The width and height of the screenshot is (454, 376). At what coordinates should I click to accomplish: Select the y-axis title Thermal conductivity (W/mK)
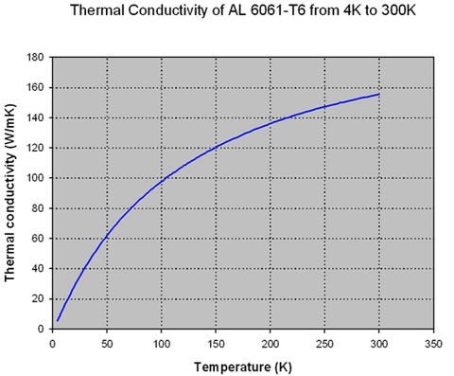tap(12, 193)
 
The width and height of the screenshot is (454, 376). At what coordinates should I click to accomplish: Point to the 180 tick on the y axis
tap(36, 57)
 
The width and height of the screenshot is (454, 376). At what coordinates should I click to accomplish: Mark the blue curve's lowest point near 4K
tap(57, 320)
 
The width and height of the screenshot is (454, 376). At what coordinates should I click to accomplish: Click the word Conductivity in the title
tap(169, 14)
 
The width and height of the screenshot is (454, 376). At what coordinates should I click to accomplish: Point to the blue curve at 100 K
tap(162, 178)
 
